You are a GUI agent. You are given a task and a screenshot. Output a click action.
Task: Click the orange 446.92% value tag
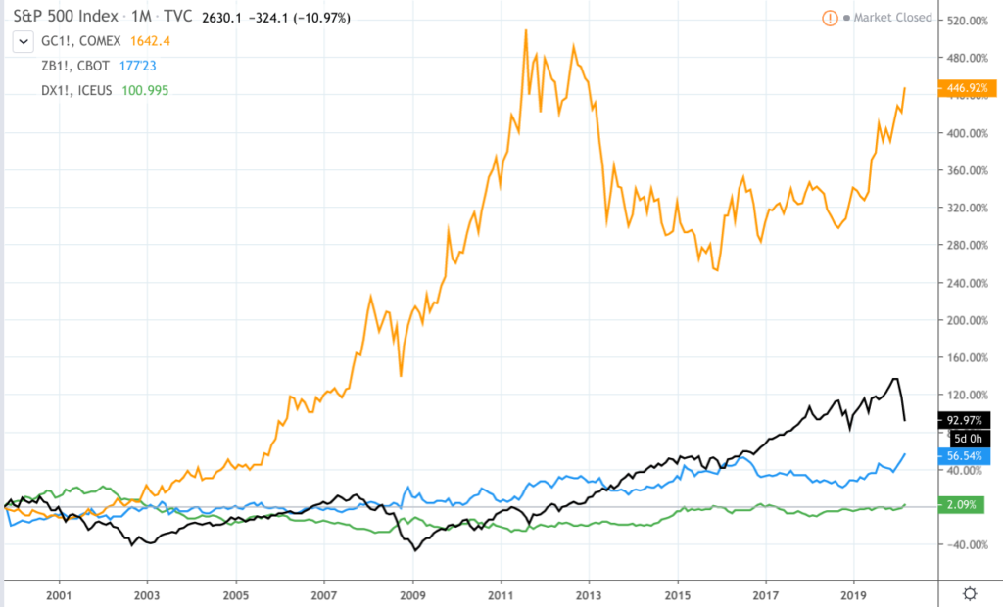[x=966, y=88]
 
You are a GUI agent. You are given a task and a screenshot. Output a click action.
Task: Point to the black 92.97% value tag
[x=966, y=420]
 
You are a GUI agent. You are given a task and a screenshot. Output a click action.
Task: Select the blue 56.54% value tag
[x=966, y=455]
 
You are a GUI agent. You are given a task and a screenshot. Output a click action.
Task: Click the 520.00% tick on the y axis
[x=968, y=21]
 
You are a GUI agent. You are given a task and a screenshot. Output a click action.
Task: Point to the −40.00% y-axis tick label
[x=968, y=544]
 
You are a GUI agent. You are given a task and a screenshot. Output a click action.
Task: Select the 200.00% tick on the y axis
[x=968, y=320]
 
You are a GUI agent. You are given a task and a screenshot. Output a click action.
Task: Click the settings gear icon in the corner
[x=970, y=593]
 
